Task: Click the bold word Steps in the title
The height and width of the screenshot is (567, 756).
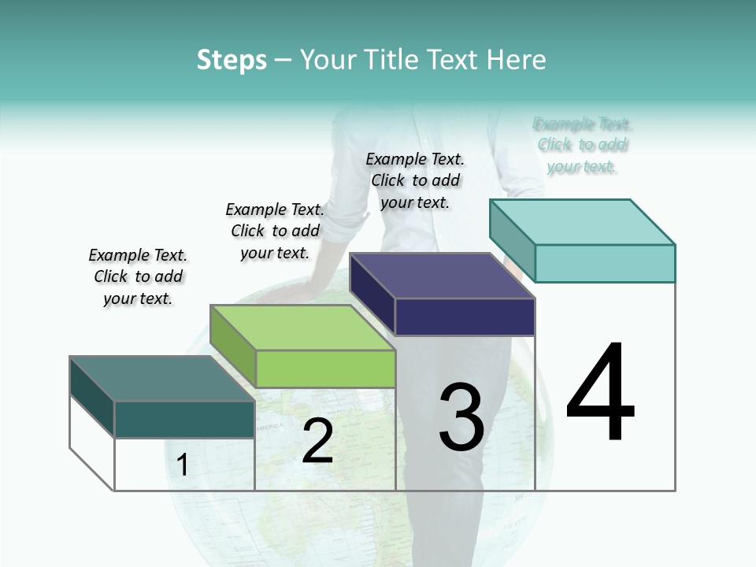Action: [x=232, y=60]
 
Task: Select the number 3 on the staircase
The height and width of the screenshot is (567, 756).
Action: [x=461, y=417]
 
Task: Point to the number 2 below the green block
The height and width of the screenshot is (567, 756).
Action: [x=317, y=441]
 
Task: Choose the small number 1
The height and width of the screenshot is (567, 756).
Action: [x=183, y=465]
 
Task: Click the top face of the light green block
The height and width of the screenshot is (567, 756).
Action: [x=302, y=327]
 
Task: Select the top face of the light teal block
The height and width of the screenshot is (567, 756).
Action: [x=583, y=221]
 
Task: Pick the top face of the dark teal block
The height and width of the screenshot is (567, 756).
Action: [x=162, y=378]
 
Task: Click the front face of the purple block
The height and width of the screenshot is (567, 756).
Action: [x=465, y=317]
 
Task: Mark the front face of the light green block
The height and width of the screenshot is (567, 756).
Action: [x=325, y=369]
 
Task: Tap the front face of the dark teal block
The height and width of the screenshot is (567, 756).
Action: [x=184, y=419]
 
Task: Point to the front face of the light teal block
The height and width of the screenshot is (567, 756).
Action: [x=605, y=263]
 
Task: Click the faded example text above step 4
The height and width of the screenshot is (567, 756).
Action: [x=582, y=145]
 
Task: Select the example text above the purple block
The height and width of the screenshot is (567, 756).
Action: [x=415, y=180]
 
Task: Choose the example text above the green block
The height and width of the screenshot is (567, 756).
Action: [x=275, y=231]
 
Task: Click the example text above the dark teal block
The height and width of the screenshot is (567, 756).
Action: [x=138, y=276]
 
